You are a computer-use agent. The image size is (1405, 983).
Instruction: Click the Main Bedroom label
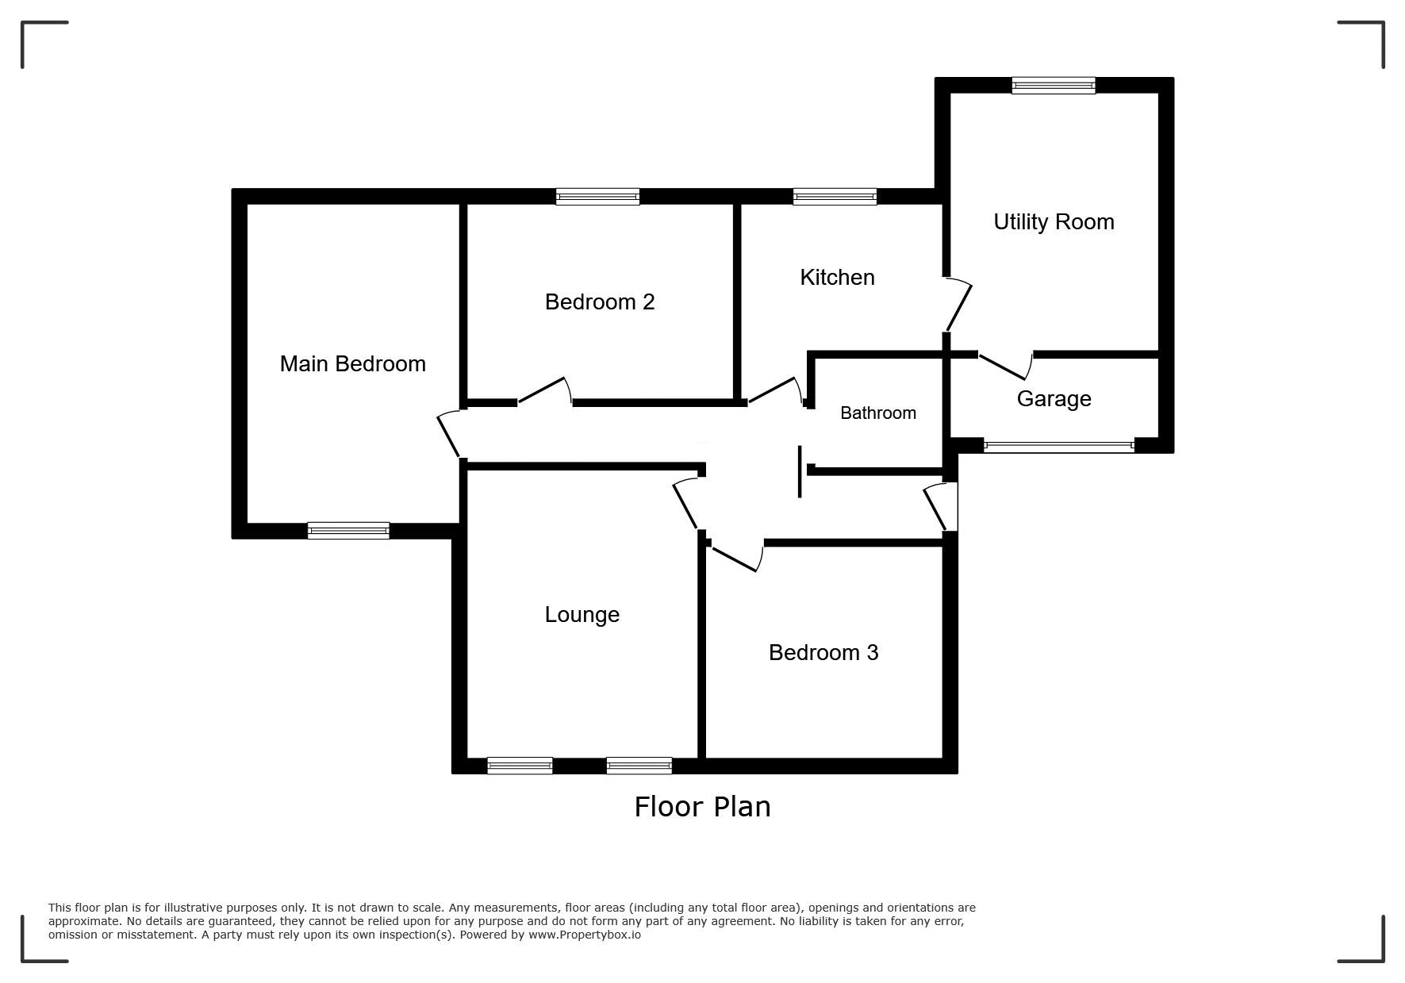click(352, 363)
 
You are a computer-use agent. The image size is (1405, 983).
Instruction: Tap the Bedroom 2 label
click(600, 301)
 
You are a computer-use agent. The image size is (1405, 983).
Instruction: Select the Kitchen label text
click(837, 277)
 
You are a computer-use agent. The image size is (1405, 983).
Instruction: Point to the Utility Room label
click(1054, 221)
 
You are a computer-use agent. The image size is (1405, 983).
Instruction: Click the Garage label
click(1054, 398)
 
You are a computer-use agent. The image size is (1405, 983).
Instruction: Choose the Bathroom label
click(877, 413)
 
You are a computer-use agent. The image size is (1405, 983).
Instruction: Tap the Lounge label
click(582, 614)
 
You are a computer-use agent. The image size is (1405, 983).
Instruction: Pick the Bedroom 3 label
click(823, 652)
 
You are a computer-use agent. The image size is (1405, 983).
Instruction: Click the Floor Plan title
click(702, 806)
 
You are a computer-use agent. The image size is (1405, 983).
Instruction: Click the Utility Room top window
click(1053, 86)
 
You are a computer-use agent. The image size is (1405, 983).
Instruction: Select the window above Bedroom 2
click(597, 197)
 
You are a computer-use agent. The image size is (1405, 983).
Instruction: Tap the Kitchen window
click(835, 197)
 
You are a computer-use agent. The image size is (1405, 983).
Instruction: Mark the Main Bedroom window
click(348, 531)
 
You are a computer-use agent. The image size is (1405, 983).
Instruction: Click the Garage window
click(1058, 446)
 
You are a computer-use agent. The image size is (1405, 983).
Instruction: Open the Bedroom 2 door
click(544, 392)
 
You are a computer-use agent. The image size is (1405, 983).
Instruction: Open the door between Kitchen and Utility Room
click(958, 305)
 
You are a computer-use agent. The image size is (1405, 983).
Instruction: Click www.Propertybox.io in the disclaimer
click(585, 935)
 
